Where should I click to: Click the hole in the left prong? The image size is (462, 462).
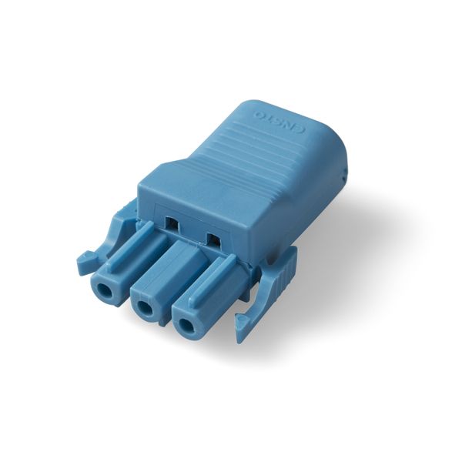tap(104, 290)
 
